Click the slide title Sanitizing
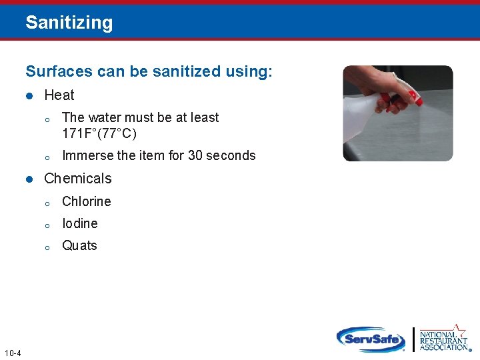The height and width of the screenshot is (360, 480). [69, 23]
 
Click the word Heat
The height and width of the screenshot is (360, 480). [59, 95]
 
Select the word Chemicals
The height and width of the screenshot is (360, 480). [78, 179]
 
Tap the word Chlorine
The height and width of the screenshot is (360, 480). [87, 201]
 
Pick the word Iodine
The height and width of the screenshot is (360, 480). [80, 223]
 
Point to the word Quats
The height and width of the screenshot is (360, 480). [79, 245]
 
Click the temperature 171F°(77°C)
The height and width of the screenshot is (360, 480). [99, 133]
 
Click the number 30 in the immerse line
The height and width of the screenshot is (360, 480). [195, 155]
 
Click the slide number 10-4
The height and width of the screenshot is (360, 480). [12, 353]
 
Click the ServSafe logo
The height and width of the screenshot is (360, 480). [371, 339]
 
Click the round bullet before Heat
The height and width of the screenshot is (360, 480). [29, 96]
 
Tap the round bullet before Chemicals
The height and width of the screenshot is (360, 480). [29, 179]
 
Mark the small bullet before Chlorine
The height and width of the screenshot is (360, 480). [47, 203]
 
